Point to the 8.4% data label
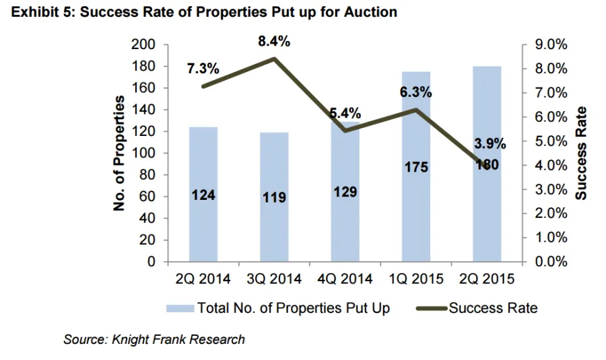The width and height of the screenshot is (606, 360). [274, 42]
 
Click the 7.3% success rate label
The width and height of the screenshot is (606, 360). [203, 69]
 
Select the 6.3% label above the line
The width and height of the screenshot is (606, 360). [416, 93]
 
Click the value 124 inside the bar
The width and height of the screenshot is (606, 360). [203, 195]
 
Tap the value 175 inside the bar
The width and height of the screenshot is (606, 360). [416, 167]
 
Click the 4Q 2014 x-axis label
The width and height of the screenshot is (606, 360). [345, 279]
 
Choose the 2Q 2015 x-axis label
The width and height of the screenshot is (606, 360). [487, 279]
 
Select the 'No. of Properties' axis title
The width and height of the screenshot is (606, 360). [120, 153]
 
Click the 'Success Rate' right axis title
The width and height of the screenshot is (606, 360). [582, 153]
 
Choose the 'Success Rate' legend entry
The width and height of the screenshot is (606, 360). [493, 308]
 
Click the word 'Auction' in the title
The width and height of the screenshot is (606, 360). [371, 12]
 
